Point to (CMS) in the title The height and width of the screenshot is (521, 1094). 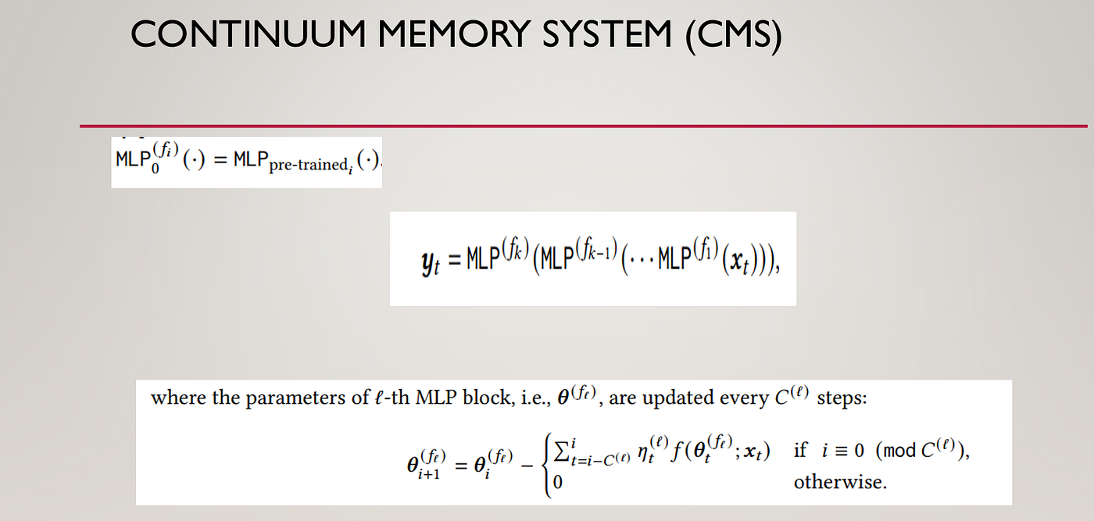point(734,36)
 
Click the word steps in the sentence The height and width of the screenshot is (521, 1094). point(843,398)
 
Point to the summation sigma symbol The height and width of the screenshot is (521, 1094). point(561,451)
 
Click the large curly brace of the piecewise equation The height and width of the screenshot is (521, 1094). point(544,466)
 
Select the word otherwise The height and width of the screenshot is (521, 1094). point(840,482)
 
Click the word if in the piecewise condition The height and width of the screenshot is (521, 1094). point(800,451)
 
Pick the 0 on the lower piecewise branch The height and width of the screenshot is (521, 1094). point(557,483)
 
